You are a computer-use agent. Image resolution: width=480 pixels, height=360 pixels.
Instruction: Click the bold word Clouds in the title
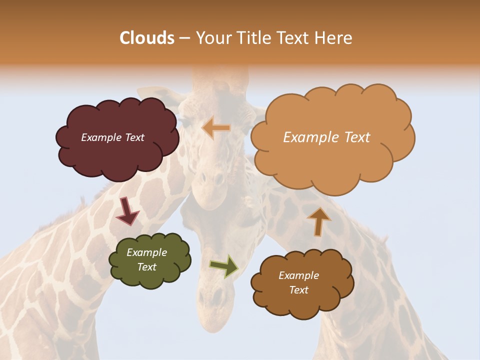tap(147, 38)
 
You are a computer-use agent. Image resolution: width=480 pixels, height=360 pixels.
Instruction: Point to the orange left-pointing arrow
tap(216, 128)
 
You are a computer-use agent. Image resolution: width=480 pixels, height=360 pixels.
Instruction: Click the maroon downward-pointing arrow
tap(127, 210)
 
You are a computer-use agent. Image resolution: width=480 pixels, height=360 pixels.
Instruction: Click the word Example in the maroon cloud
tap(100, 137)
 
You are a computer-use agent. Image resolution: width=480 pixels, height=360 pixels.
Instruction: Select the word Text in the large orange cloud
tap(353, 137)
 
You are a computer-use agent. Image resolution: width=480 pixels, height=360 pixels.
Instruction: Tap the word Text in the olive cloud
tap(146, 267)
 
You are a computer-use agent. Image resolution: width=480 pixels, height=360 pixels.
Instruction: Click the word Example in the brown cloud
tap(298, 275)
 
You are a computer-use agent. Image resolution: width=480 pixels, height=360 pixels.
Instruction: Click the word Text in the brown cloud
tap(298, 290)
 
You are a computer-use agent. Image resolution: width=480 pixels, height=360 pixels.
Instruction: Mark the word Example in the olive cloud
tap(146, 252)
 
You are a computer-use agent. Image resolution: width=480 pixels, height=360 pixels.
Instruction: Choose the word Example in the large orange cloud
tap(308, 137)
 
